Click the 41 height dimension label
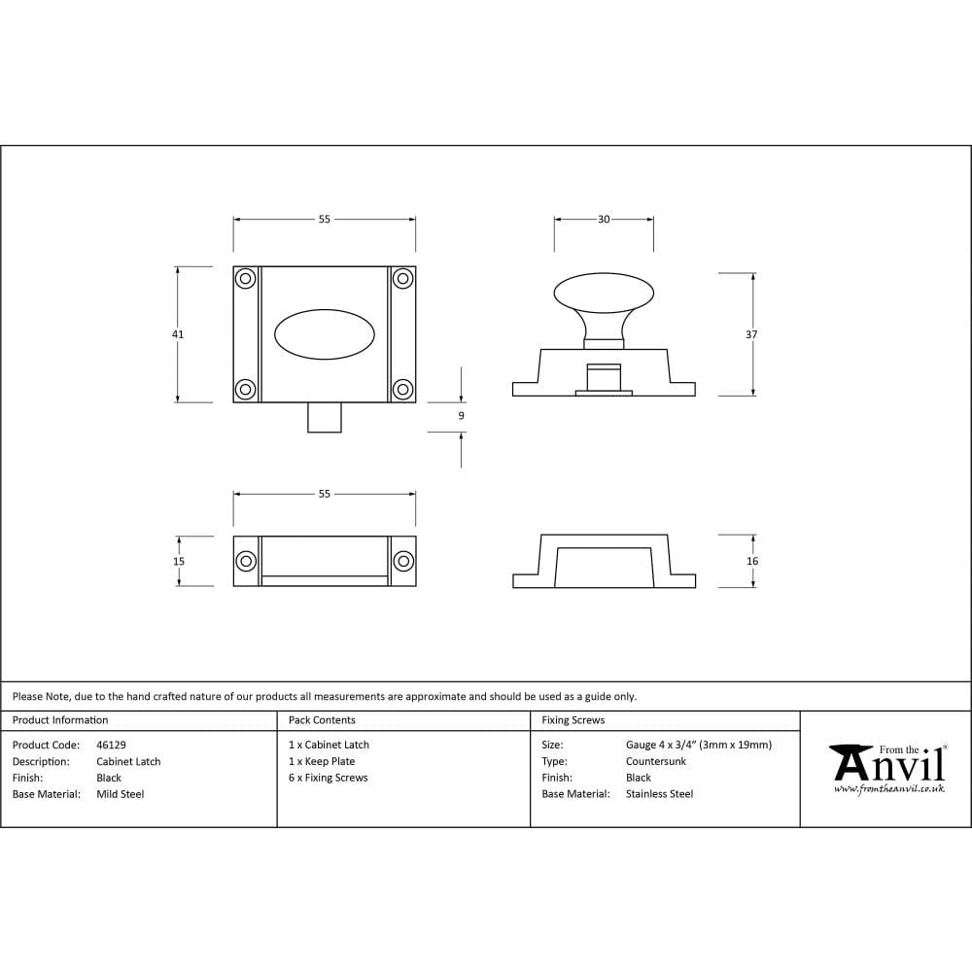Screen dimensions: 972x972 (x=178, y=334)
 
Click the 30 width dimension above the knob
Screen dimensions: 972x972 (x=604, y=220)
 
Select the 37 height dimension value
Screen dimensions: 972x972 (x=752, y=334)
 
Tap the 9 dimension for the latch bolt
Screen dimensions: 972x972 (x=461, y=416)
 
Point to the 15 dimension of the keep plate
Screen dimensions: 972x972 (x=179, y=561)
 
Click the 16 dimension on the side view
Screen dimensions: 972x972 (x=752, y=561)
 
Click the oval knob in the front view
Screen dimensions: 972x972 (x=325, y=334)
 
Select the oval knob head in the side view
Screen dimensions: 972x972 (x=604, y=294)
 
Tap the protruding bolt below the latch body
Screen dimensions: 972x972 (x=325, y=417)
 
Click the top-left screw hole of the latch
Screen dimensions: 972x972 (x=246, y=279)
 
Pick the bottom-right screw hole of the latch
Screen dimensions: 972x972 (x=402, y=390)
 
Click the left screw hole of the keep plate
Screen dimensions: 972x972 (x=246, y=561)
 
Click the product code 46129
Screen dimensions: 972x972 (x=111, y=746)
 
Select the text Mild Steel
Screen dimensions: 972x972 (x=121, y=794)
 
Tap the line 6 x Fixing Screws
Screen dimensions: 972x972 (x=329, y=778)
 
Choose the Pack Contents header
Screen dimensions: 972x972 (x=322, y=720)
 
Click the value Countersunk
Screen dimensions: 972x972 (x=656, y=762)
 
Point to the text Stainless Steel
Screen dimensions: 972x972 (x=660, y=794)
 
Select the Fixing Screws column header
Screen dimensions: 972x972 (x=573, y=720)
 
